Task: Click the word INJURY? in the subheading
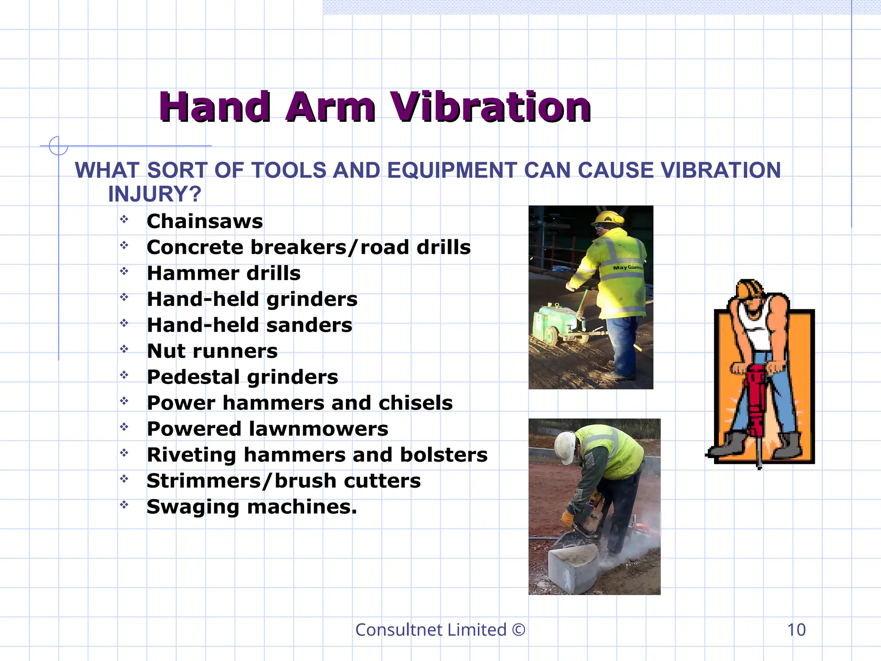click(154, 194)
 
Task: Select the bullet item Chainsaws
click(205, 221)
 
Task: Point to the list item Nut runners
click(212, 351)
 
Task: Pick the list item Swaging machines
click(252, 507)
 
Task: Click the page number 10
click(796, 630)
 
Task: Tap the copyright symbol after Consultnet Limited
click(519, 630)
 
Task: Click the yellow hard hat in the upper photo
click(609, 217)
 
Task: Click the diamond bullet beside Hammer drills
click(124, 271)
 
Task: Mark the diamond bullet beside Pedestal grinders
click(124, 375)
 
